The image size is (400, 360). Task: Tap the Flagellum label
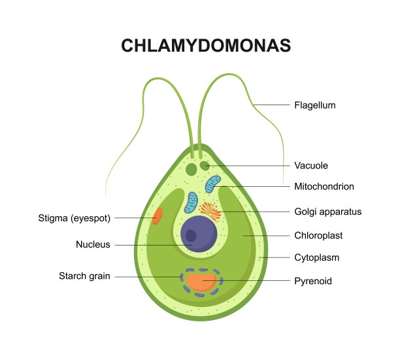coord(315,105)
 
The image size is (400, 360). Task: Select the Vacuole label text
coord(311,166)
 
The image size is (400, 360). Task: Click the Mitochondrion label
coord(324,187)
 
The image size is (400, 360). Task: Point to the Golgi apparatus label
coord(327,212)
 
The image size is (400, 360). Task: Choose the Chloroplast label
coord(318,235)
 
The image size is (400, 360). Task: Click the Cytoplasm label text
coord(316,257)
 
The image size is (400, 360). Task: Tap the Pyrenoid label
coord(313,281)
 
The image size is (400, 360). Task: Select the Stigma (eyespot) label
coord(75,218)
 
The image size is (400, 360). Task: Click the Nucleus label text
coord(93,245)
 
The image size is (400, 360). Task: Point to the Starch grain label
coord(84,276)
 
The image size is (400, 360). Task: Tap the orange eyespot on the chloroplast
coord(158,216)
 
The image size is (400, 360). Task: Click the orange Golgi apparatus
coord(210,210)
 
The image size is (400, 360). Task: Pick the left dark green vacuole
coord(192,169)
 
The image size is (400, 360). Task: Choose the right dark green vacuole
coord(205,166)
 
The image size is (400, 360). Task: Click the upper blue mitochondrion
coord(213,184)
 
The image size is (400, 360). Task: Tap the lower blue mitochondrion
coord(191,203)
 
